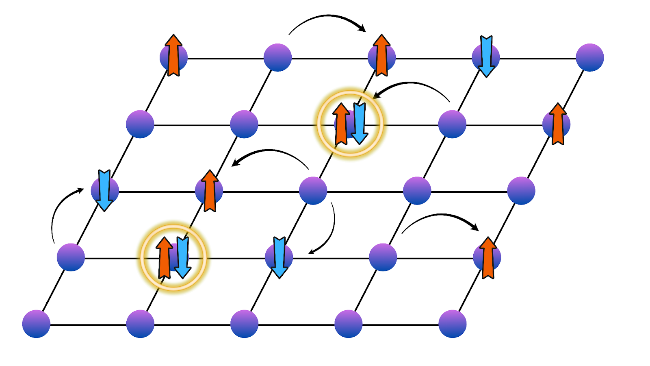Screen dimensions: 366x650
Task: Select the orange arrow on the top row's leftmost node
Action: pos(173,55)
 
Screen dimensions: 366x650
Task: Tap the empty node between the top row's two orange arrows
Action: pos(277,57)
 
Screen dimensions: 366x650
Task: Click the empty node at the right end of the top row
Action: pos(589,57)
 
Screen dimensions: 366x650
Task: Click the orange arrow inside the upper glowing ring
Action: pos(342,124)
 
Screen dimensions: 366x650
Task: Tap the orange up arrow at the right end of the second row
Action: pos(558,124)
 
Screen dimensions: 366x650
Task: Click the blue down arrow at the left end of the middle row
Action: pos(104,190)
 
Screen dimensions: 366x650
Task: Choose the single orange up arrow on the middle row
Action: pos(210,190)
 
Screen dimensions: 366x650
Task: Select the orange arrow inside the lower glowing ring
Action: pos(164,258)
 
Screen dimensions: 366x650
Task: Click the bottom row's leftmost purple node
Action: pos(36,324)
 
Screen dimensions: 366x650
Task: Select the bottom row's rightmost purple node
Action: pos(452,324)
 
